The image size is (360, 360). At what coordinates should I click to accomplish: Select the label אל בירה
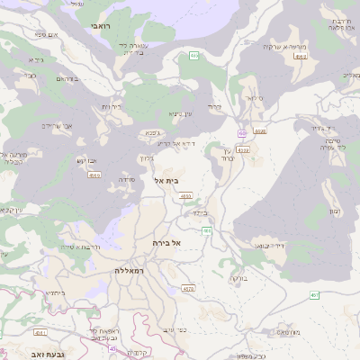pyautogui.click(x=167, y=243)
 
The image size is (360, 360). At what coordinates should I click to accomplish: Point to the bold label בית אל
pyautogui.click(x=167, y=181)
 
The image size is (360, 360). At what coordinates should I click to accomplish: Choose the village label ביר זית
pyautogui.click(x=112, y=106)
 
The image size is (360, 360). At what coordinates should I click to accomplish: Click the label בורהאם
pyautogui.click(x=67, y=79)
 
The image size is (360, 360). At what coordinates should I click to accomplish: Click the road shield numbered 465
pyautogui.click(x=193, y=57)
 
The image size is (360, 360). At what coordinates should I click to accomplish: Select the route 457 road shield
pyautogui.click(x=314, y=295)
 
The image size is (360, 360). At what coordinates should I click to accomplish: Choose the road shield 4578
pyautogui.click(x=188, y=289)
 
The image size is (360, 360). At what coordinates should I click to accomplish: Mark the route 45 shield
pyautogui.click(x=112, y=348)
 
